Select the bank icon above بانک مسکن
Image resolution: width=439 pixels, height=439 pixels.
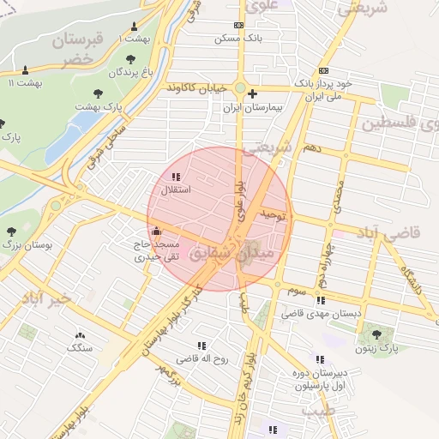tap(238, 26)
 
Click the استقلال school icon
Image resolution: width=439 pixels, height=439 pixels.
tap(177, 177)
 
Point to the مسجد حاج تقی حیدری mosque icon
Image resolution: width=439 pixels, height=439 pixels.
tap(155, 231)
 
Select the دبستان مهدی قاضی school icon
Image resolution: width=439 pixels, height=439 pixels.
tap(321, 301)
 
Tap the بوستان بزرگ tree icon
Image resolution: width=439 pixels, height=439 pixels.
tap(11, 232)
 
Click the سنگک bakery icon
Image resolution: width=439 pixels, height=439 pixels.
tap(81, 335)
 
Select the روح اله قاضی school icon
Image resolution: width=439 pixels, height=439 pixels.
tap(201, 346)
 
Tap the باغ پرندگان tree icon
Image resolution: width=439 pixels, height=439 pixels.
tap(130, 59)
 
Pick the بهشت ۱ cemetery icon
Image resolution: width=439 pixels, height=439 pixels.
tap(135, 27)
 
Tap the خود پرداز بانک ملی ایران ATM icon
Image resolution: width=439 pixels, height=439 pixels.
tap(323, 70)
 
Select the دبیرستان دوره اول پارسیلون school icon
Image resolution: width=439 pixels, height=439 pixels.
tap(320, 360)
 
